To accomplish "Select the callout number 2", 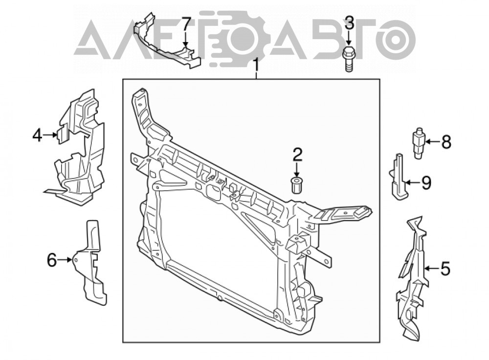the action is (x=297, y=155).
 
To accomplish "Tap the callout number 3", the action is (x=349, y=23).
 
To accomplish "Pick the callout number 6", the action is (x=52, y=260).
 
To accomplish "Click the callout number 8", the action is (x=446, y=142).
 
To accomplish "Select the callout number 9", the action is (x=426, y=183).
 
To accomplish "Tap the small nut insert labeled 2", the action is (x=296, y=185).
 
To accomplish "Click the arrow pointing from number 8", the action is (x=433, y=142).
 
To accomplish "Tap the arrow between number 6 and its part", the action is (x=66, y=259).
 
